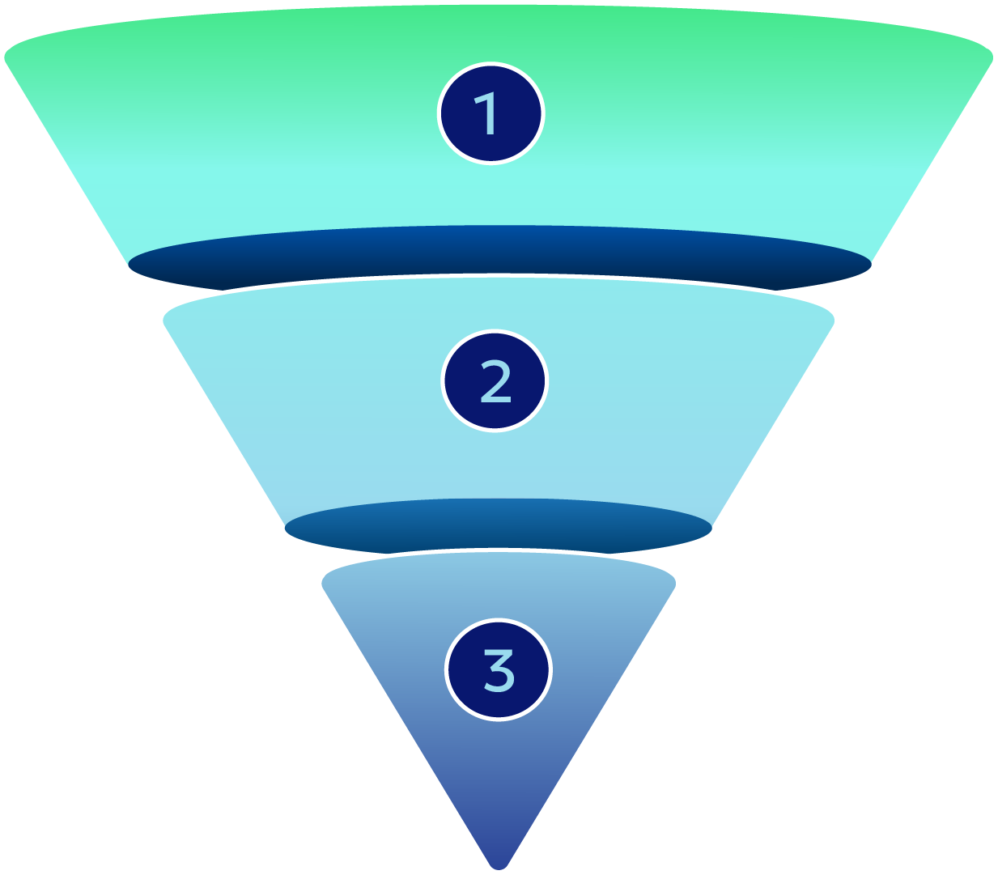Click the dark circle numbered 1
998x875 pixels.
pyautogui.click(x=491, y=113)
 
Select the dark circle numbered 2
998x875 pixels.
pyautogui.click(x=495, y=381)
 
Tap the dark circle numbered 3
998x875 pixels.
pyautogui.click(x=498, y=669)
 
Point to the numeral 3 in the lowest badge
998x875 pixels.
pyautogui.click(x=499, y=669)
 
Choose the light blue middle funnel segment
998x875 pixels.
pyautogui.click(x=324, y=405)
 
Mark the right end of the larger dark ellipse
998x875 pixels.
pyautogui.click(x=869, y=264)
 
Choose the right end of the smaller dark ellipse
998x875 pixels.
pyautogui.click(x=710, y=529)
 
